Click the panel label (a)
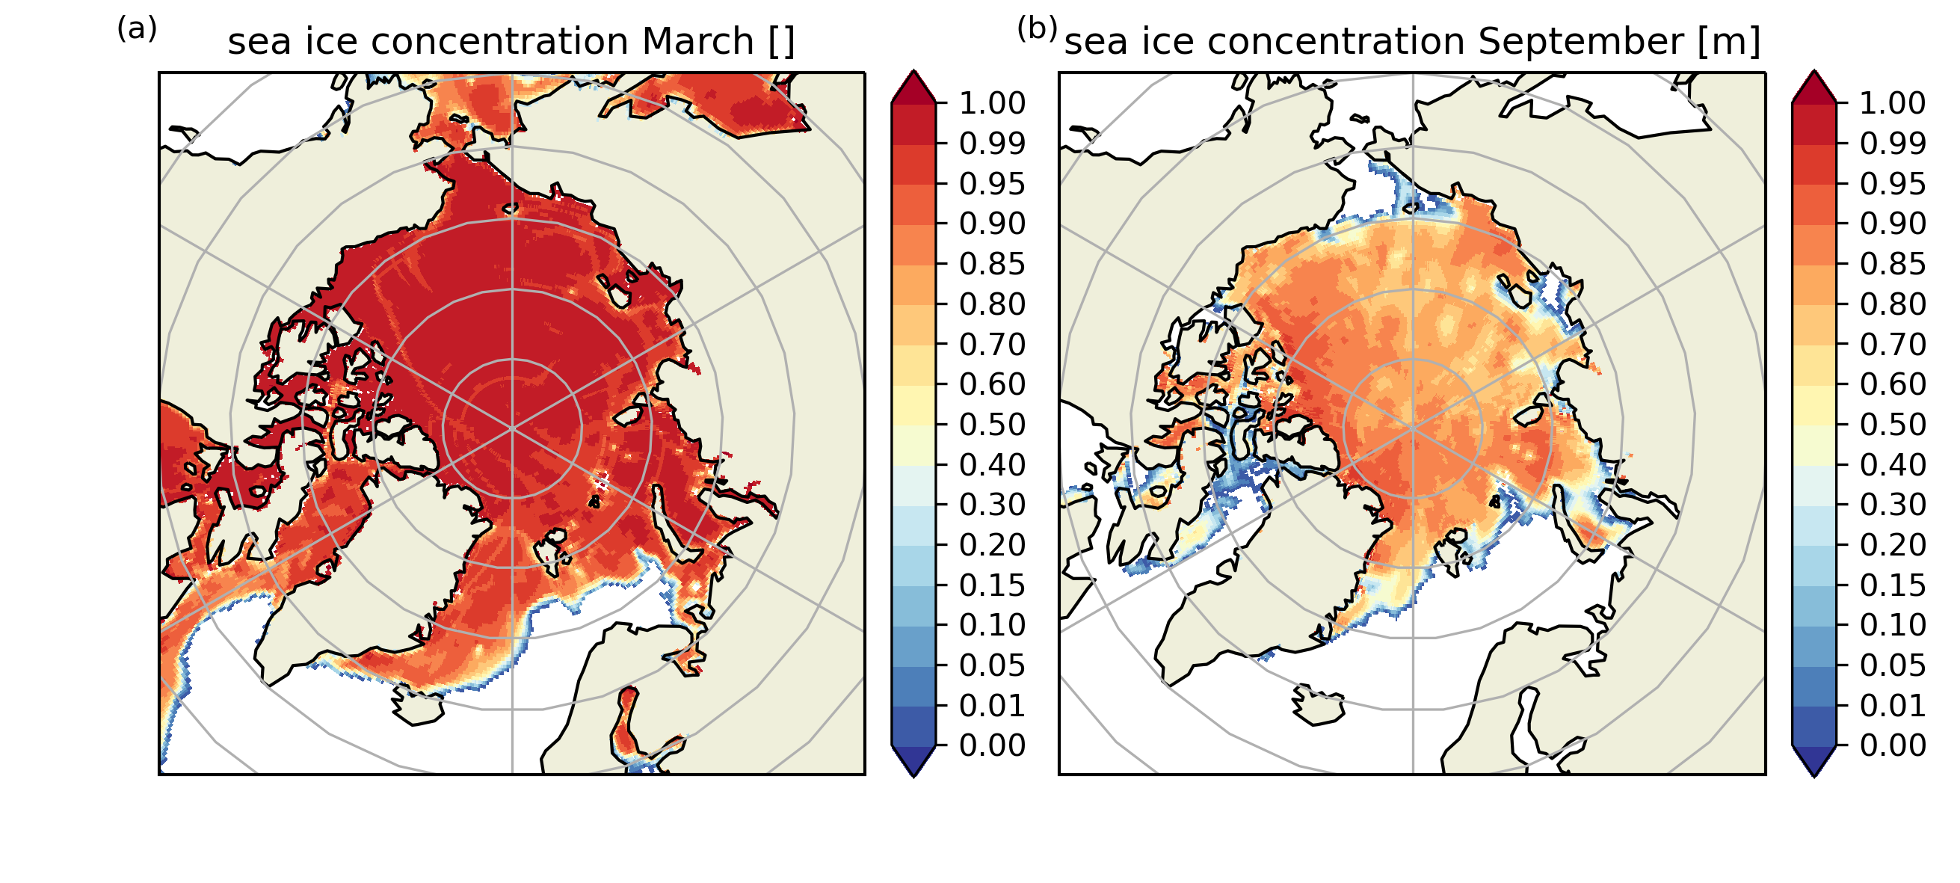[x=137, y=29]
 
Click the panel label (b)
[x=1038, y=29]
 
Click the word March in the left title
[x=697, y=41]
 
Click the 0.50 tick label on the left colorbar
[x=992, y=424]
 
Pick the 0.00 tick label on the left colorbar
[x=992, y=745]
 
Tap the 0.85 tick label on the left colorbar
[x=992, y=263]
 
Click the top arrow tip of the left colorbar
[x=913, y=71]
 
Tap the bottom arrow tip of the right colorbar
[x=1815, y=777]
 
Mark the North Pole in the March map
[x=512, y=428]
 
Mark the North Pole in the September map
[x=1413, y=428]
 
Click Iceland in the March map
[x=417, y=707]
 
